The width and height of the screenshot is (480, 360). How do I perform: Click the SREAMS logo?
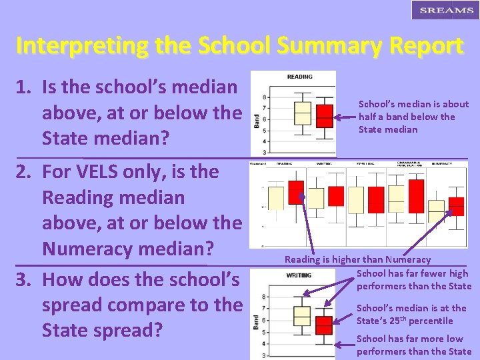tap(442, 11)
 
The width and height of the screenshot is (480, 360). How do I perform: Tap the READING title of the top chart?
tap(299, 77)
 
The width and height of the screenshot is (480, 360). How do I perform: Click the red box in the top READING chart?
tap(324, 115)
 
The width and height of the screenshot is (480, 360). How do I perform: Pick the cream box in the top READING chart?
tap(303, 113)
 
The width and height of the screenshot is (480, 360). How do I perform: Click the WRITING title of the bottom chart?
tap(299, 275)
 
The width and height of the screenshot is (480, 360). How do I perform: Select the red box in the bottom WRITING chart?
tap(324, 325)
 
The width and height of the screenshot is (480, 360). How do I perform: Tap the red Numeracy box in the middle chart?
tap(457, 207)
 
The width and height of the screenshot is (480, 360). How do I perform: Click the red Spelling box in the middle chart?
tap(377, 199)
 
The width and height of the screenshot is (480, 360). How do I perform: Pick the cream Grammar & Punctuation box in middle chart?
tap(397, 197)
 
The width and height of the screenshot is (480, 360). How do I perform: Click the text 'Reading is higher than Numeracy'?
tap(357, 259)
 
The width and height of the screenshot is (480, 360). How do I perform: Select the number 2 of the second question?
tap(24, 172)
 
